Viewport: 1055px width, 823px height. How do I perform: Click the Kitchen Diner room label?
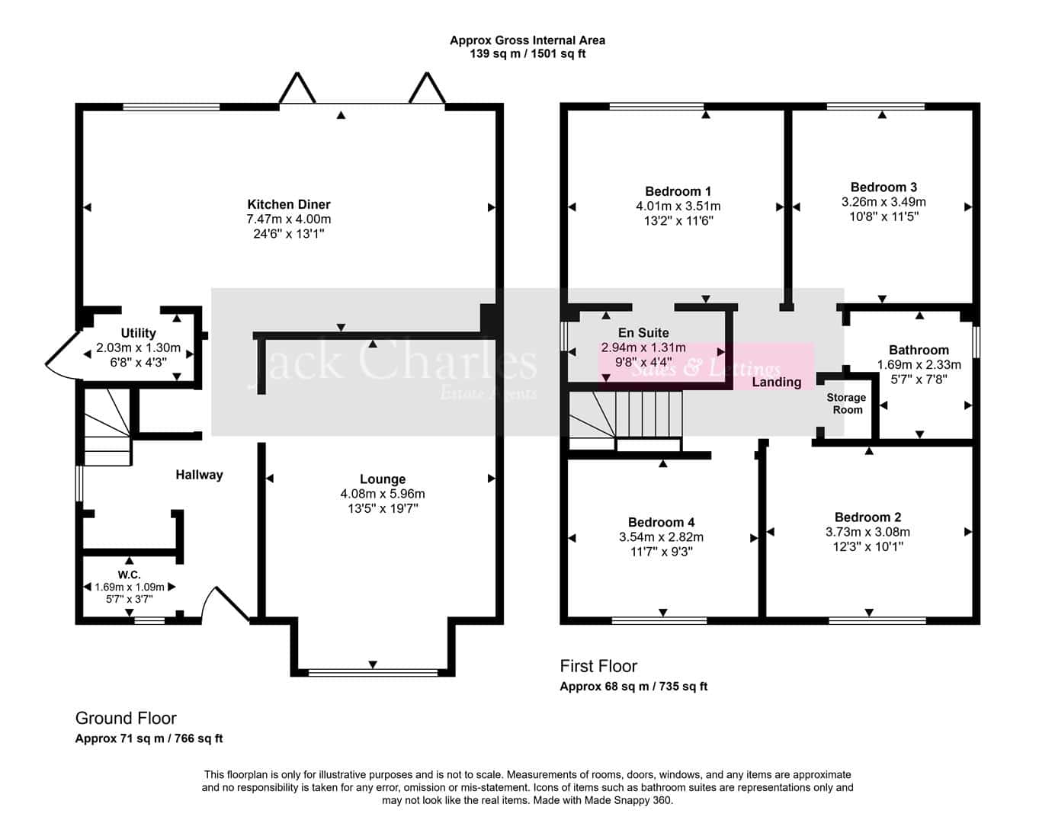(x=289, y=204)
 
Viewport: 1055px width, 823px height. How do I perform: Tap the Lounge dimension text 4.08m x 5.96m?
(x=383, y=494)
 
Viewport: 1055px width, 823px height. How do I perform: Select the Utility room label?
(x=139, y=333)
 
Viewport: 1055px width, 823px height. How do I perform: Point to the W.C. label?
(x=129, y=575)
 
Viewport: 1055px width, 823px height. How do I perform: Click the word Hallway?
(x=199, y=475)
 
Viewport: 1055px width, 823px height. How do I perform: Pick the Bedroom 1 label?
(x=678, y=191)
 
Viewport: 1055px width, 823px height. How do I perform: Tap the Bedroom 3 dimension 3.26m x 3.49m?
(x=883, y=202)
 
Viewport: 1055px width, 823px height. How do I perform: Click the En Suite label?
(x=643, y=333)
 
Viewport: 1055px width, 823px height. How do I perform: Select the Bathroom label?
(x=919, y=350)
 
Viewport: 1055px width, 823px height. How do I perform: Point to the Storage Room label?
(x=847, y=404)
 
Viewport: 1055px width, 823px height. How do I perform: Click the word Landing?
(x=776, y=383)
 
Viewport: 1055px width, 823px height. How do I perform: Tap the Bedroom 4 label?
(x=661, y=522)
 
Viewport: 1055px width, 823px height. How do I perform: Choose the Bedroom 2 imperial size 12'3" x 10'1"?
(x=868, y=547)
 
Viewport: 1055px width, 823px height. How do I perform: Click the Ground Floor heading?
(x=126, y=718)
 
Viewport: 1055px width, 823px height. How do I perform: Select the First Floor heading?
(x=598, y=666)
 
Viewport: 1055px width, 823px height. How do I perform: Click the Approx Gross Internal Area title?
(x=527, y=40)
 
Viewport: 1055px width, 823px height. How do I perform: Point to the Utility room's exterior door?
(x=63, y=356)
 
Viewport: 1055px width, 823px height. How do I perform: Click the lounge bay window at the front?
(x=373, y=673)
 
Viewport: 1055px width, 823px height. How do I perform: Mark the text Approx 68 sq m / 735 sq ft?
(x=633, y=687)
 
